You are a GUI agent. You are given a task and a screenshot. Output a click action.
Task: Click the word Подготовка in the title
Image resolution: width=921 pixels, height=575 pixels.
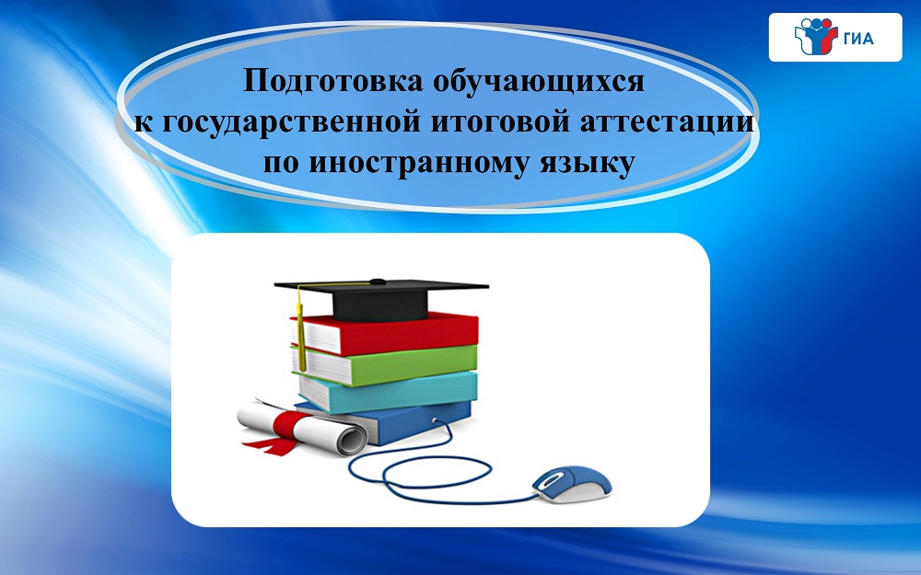point(333,82)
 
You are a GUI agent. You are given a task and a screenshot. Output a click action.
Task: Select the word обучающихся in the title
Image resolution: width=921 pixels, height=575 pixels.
point(539,82)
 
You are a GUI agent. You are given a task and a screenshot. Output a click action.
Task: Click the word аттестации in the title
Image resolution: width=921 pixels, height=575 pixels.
point(667,122)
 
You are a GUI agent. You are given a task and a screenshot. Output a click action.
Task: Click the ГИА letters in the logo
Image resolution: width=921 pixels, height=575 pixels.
point(858,39)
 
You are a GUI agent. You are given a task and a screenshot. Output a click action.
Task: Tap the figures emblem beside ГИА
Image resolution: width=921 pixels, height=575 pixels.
point(815,37)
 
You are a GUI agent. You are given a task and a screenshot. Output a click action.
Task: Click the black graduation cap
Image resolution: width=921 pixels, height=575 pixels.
point(381,297)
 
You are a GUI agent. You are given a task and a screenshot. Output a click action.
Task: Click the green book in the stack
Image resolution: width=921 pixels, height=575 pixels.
point(385,363)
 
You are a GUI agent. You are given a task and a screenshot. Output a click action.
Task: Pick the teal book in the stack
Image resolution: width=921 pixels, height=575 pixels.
point(388,391)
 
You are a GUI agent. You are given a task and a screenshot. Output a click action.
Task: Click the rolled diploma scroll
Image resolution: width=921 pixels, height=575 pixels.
point(302,427)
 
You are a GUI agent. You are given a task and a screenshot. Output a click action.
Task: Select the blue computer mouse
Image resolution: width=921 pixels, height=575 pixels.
point(572,484)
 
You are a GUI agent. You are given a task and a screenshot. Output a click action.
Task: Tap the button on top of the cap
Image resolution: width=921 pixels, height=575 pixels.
point(378,281)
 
